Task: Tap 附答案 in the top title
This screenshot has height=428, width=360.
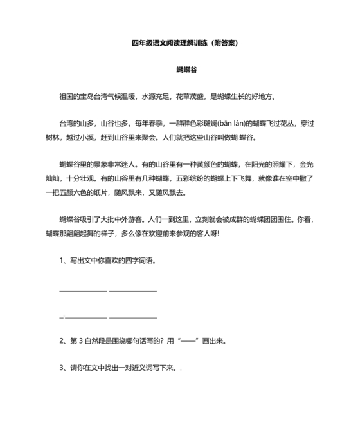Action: tap(224, 44)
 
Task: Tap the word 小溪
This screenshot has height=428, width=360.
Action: tap(111, 137)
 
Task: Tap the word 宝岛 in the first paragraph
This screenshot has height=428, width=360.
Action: tap(85, 97)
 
